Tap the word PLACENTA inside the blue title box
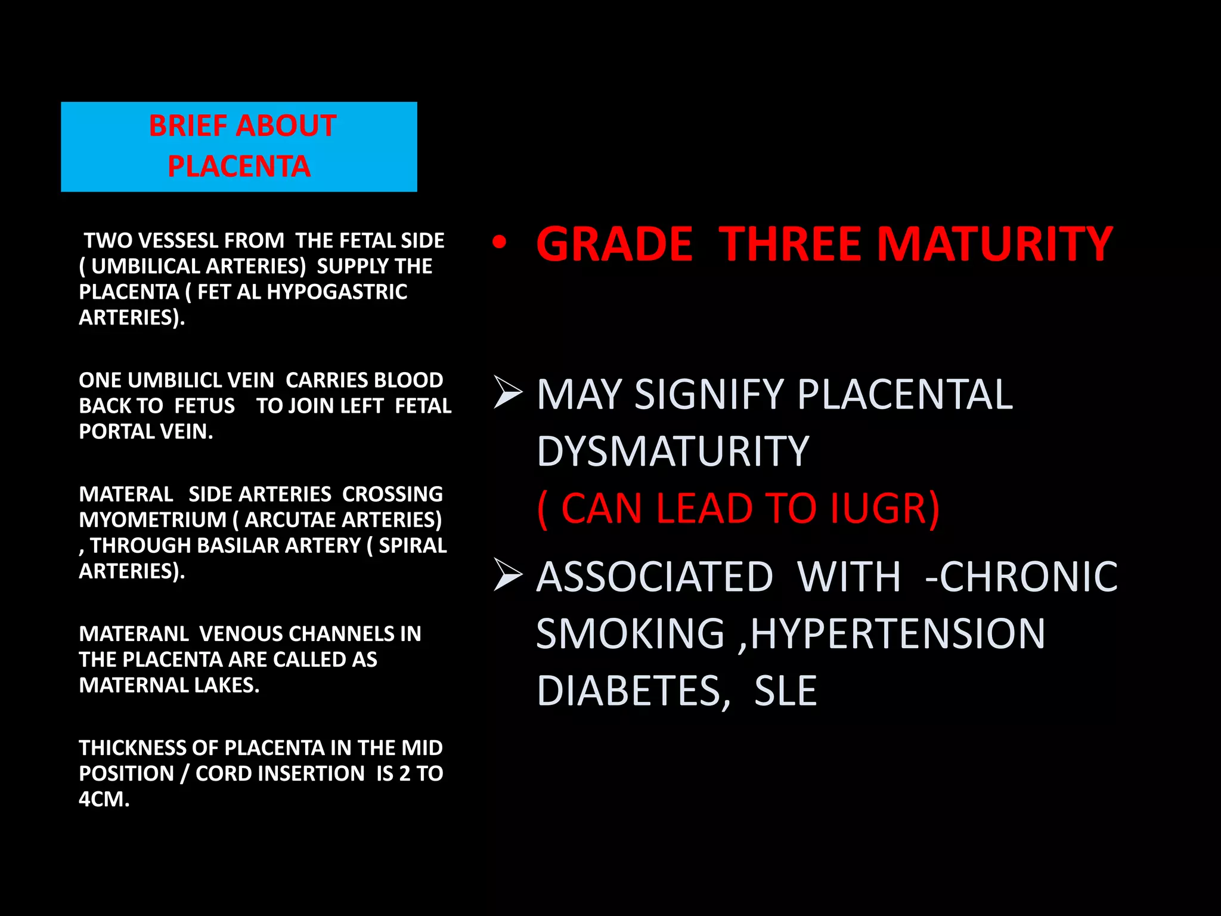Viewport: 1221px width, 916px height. (x=239, y=166)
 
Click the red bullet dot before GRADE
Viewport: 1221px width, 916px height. (x=500, y=242)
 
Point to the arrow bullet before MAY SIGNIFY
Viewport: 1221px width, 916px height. (x=508, y=393)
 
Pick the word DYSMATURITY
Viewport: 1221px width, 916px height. (x=673, y=451)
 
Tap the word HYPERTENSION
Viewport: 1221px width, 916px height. (x=897, y=633)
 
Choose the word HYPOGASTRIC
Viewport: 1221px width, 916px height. (x=337, y=292)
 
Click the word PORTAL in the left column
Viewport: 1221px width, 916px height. (x=110, y=431)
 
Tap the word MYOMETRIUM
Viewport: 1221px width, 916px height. (x=153, y=520)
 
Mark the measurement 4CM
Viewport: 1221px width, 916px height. (x=104, y=799)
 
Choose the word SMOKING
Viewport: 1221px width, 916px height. (x=630, y=633)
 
